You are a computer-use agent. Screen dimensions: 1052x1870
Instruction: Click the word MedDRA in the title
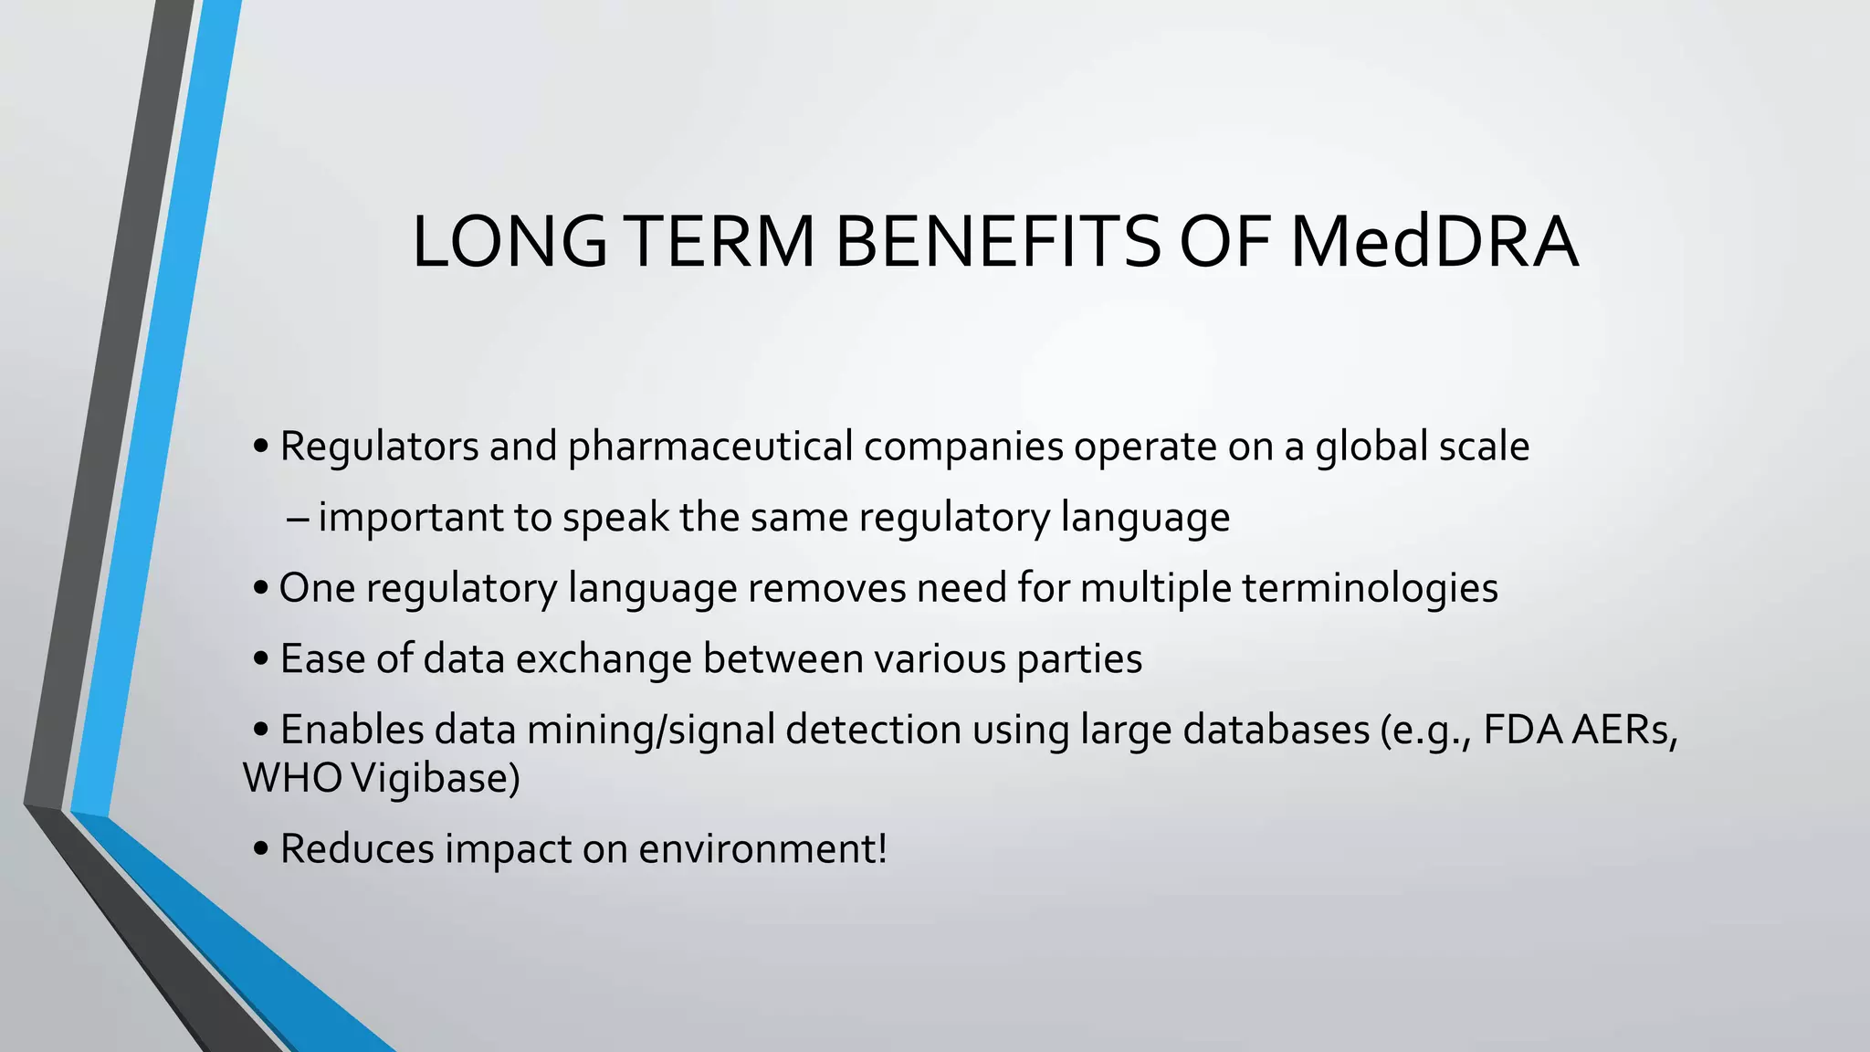tap(1434, 242)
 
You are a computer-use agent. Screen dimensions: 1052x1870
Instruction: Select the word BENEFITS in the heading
tap(996, 242)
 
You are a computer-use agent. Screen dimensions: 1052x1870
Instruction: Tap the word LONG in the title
tap(510, 242)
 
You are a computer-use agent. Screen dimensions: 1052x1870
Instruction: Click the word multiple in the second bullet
tap(1155, 588)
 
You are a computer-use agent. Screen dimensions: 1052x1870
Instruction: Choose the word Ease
tap(322, 658)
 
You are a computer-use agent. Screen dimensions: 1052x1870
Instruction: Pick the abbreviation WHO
tap(292, 778)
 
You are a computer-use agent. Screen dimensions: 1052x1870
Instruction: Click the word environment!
tap(762, 848)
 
